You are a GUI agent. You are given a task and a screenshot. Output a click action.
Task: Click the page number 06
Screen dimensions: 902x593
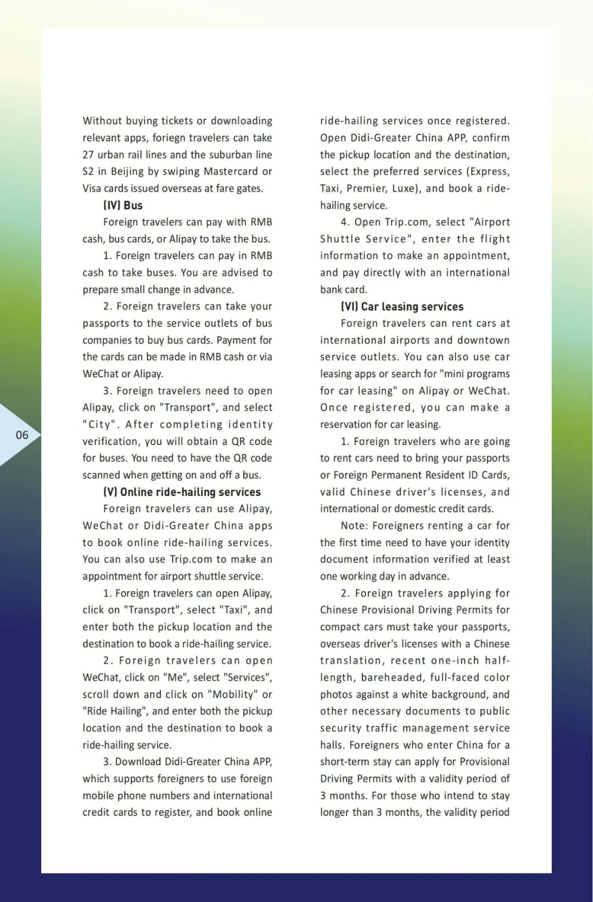pos(22,435)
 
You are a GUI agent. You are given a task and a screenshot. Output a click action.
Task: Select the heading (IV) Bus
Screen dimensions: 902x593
pos(123,205)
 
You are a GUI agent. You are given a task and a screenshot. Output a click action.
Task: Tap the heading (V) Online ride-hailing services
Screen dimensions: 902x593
pos(182,492)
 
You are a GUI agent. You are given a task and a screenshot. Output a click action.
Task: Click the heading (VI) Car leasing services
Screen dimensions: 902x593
pos(402,307)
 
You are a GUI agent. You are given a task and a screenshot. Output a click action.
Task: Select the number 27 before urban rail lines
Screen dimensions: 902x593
pos(88,155)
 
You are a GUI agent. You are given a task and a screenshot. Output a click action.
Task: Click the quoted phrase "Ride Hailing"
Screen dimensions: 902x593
pos(115,711)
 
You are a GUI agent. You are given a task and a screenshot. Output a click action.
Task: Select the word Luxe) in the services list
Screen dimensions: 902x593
pos(406,188)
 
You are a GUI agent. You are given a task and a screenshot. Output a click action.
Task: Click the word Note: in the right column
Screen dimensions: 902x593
pos(354,526)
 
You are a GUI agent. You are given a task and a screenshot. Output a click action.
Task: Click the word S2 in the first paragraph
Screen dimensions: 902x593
pos(88,171)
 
